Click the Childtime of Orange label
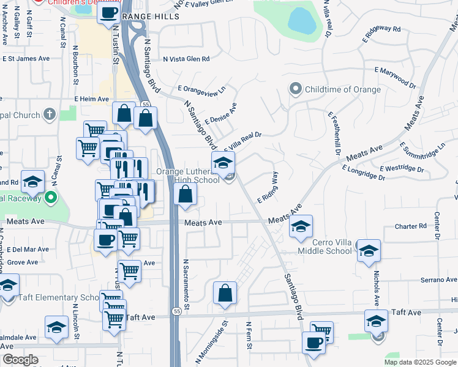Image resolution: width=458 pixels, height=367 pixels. click(343, 89)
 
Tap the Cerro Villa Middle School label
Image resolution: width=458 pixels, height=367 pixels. click(325, 247)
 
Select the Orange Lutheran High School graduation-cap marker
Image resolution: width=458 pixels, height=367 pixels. click(223, 163)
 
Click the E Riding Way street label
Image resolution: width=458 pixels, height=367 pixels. click(268, 188)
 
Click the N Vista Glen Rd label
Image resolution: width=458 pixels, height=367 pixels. click(186, 59)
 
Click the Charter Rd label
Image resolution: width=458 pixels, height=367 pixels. click(411, 226)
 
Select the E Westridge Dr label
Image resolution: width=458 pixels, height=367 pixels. click(402, 168)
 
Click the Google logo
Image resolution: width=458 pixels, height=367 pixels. click(20, 360)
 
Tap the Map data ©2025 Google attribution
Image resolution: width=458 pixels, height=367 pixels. click(419, 362)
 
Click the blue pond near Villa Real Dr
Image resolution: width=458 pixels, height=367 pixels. click(301, 20)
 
